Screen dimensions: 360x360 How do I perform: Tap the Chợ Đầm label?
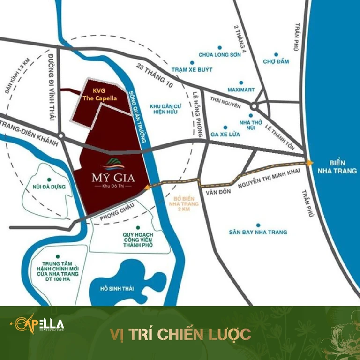point(276,61)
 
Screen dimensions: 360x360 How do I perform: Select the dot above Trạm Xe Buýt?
point(192,62)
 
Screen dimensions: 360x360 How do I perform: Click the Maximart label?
point(241,89)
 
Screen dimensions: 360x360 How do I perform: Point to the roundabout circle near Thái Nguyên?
point(253,106)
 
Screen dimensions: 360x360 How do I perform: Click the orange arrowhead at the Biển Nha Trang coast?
point(310,163)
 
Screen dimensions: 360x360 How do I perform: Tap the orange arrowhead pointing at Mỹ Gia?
point(147,187)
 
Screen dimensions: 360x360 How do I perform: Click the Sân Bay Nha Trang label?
point(258,232)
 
